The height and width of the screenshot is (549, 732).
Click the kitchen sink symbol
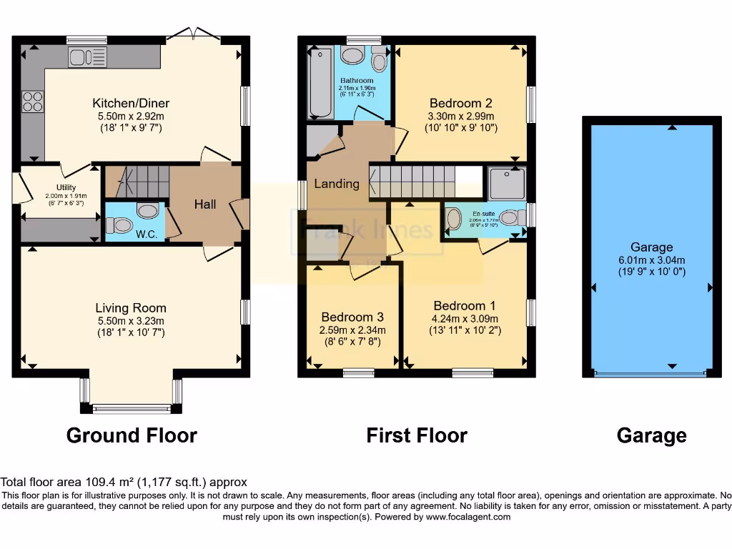point(87,57)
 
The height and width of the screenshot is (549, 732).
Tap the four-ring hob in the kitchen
point(32,102)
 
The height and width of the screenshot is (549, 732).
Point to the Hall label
point(205,204)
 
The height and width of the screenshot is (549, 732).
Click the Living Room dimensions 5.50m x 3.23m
point(131,321)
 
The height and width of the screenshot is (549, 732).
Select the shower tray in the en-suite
point(508,182)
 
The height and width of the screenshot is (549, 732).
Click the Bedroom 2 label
point(460,102)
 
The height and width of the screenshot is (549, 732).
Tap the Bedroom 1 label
point(465,306)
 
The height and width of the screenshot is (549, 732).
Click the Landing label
point(337,184)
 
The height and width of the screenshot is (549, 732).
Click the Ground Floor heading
point(132,435)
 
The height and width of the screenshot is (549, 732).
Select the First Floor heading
point(417,435)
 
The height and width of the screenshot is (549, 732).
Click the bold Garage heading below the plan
point(652,435)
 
